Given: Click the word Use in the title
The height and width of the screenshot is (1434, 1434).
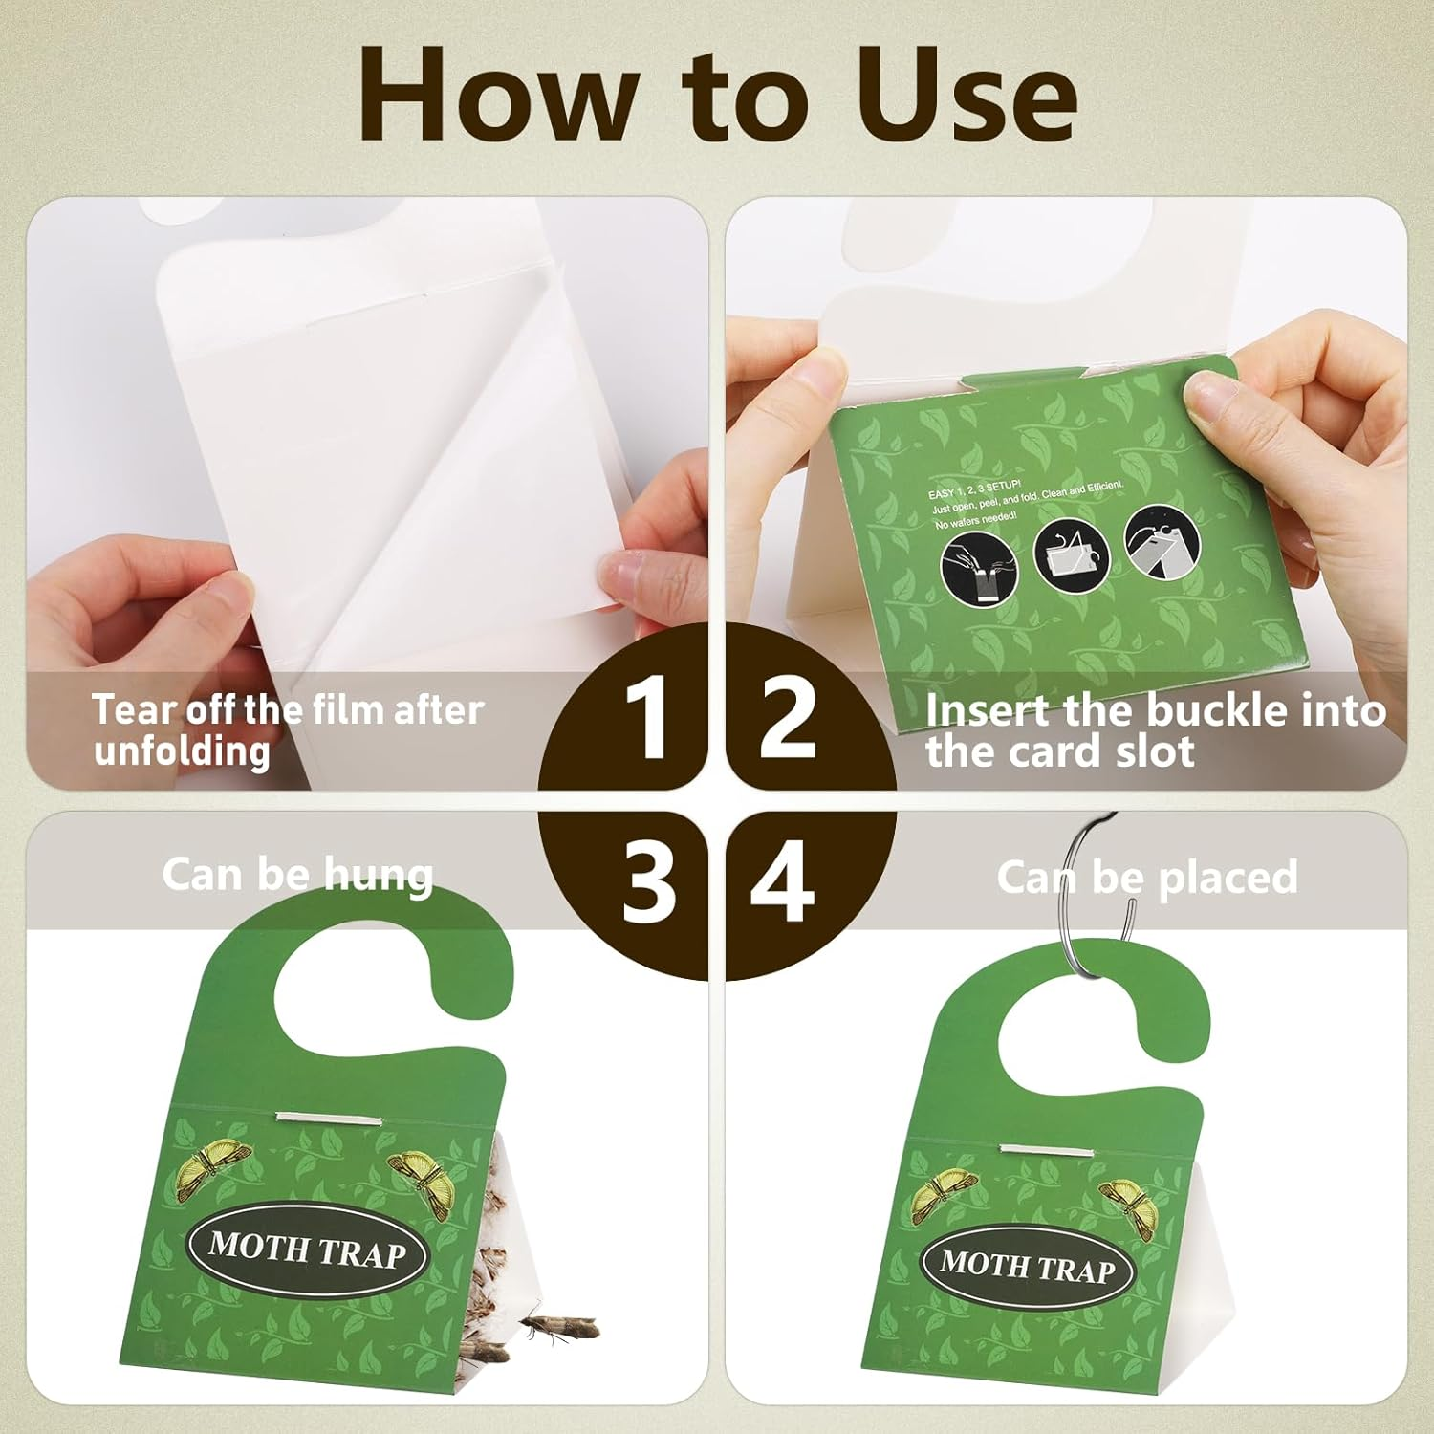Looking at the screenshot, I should pyautogui.click(x=966, y=96).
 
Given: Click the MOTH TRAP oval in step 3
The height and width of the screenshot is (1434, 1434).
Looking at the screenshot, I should pyautogui.click(x=307, y=1249).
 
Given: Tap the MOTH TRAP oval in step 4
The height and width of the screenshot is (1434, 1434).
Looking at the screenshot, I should pyautogui.click(x=1028, y=1267).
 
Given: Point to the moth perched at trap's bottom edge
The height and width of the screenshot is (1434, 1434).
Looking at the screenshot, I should pyautogui.click(x=559, y=1327).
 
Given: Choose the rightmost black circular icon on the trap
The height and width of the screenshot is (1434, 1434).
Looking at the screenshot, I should pyautogui.click(x=1162, y=542).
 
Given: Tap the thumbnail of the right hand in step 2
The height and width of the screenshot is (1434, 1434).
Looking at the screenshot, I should pyautogui.click(x=1206, y=394).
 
